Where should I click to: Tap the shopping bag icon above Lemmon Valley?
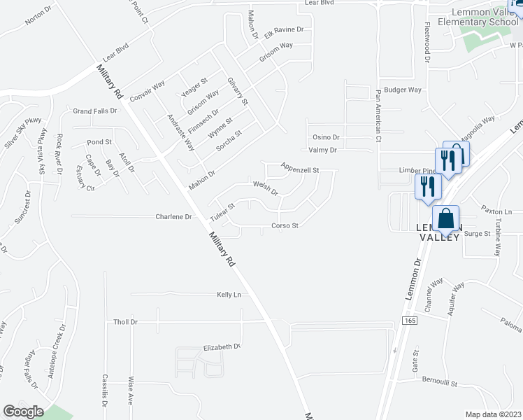click(x=445, y=219)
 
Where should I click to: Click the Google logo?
click(x=23, y=412)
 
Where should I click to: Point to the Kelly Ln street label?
click(x=229, y=295)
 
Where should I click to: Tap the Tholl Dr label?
click(x=126, y=322)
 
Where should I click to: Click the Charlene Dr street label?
click(x=173, y=217)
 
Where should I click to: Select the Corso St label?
click(x=285, y=225)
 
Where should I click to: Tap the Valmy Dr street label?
click(x=322, y=150)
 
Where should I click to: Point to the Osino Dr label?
click(x=325, y=137)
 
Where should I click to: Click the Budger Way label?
click(x=403, y=90)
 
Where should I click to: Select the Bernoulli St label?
click(x=439, y=384)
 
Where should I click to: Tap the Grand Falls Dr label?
click(x=95, y=111)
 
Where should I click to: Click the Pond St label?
click(x=99, y=142)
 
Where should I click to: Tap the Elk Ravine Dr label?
click(x=284, y=31)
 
